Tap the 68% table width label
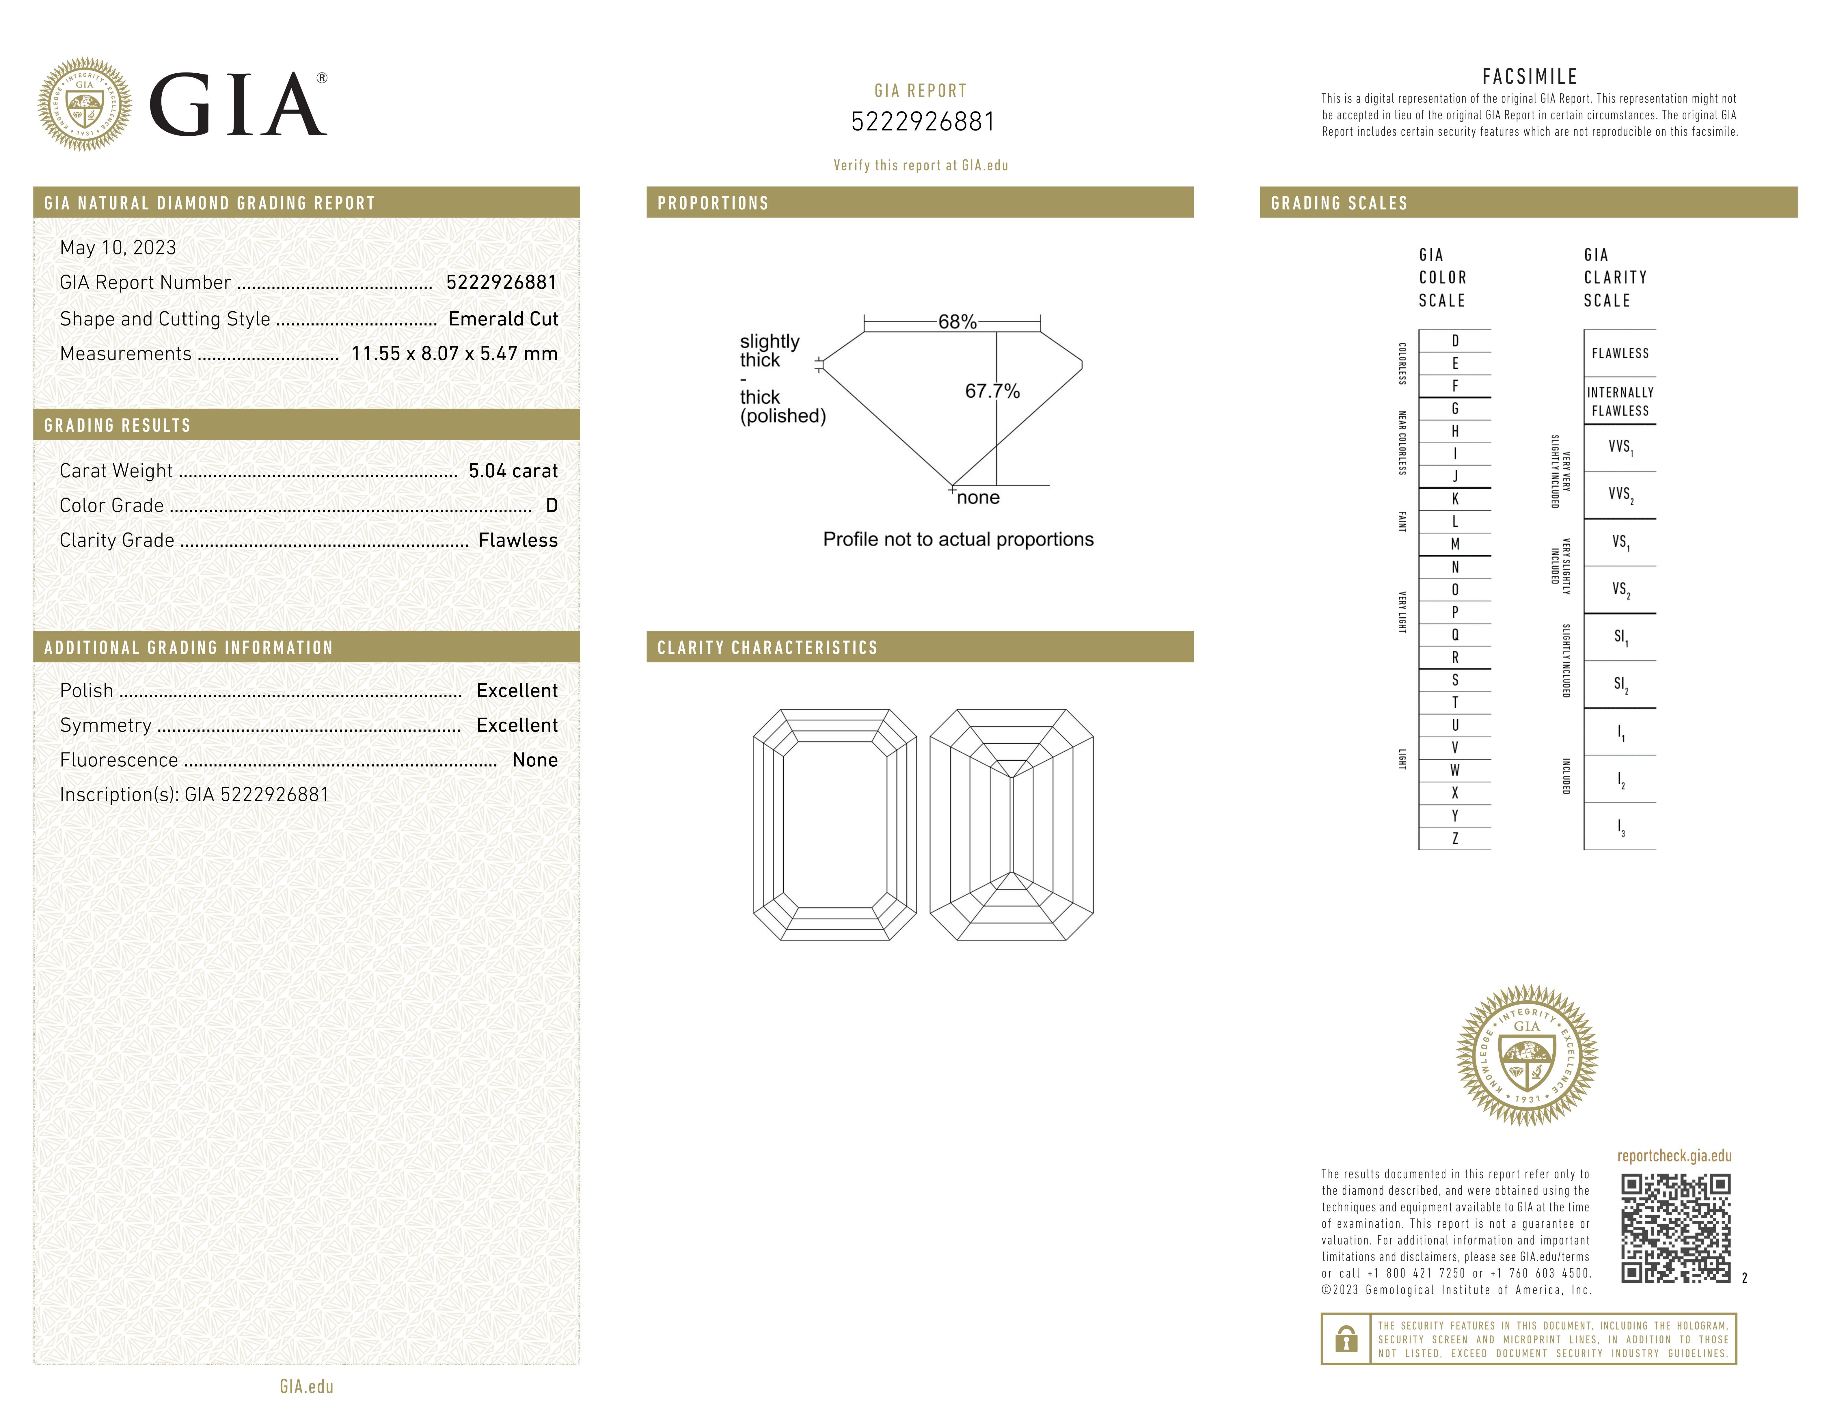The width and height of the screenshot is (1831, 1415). pos(957,322)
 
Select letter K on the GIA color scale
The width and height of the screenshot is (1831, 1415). pos(1454,499)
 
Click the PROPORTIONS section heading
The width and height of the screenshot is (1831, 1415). pos(713,203)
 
